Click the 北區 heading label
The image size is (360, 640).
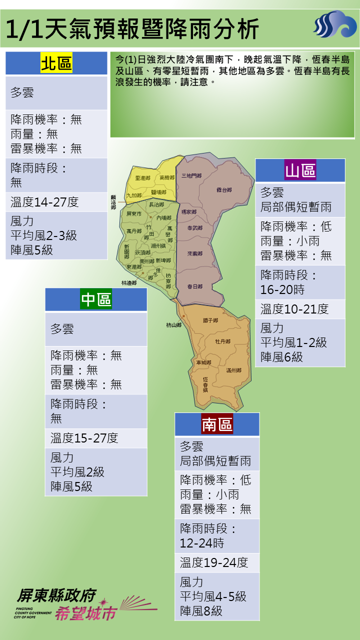pyautogui.click(x=56, y=64)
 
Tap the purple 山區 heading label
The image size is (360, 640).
pyautogui.click(x=300, y=171)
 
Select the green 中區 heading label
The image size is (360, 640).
pyautogui.click(x=96, y=299)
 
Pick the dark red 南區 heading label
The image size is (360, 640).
pyautogui.click(x=217, y=424)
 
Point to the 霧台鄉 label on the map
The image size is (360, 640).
pyautogui.click(x=224, y=190)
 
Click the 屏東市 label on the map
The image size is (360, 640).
pyautogui.click(x=134, y=213)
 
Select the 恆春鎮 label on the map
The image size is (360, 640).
pyautogui.click(x=205, y=384)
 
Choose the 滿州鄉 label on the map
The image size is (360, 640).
pyautogui.click(x=233, y=370)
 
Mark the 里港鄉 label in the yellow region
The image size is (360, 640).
pyautogui.click(x=142, y=178)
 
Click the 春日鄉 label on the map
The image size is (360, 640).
pyautogui.click(x=194, y=286)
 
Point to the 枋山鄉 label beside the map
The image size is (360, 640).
pyautogui.click(x=173, y=325)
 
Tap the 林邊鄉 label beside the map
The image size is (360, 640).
pyautogui.click(x=128, y=283)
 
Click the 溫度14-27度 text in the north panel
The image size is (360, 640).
pyautogui.click(x=45, y=202)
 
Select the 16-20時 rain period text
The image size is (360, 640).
pyautogui.click(x=282, y=289)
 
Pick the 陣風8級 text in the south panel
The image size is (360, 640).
pyautogui.click(x=201, y=611)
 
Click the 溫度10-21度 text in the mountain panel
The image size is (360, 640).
pyautogui.click(x=294, y=309)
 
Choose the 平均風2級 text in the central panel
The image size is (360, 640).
pyautogui.click(x=77, y=472)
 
